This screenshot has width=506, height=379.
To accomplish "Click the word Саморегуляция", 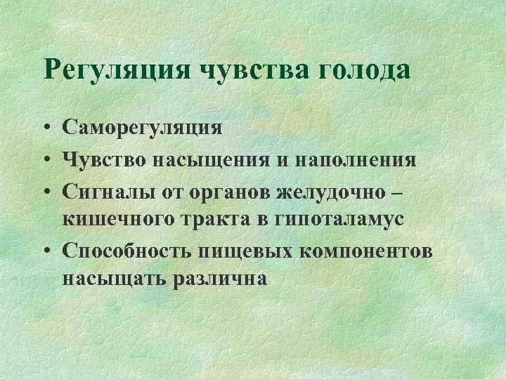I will pyautogui.click(x=143, y=128).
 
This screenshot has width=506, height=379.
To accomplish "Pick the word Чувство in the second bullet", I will pyautogui.click(x=102, y=160).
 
